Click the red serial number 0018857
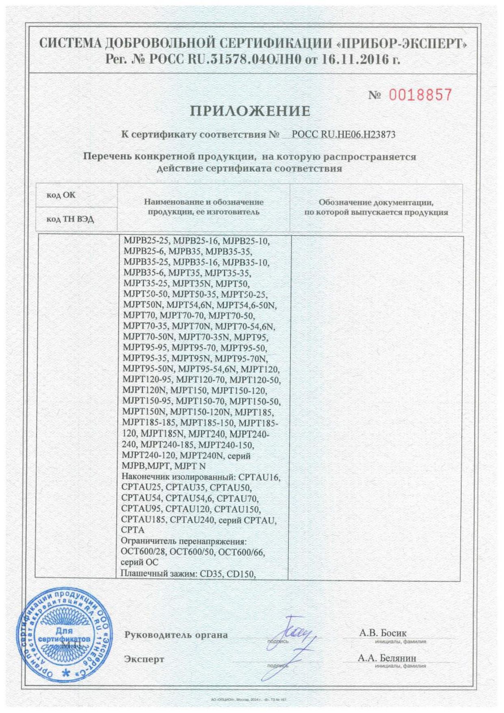(420, 95)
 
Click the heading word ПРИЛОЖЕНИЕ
(251, 111)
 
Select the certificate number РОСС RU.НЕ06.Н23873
(343, 134)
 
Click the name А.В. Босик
(383, 633)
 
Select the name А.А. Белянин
(387, 658)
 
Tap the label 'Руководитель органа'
(176, 635)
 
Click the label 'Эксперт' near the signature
(144, 659)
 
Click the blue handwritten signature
(291, 646)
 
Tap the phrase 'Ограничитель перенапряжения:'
(184, 541)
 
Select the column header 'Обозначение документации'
(376, 202)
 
